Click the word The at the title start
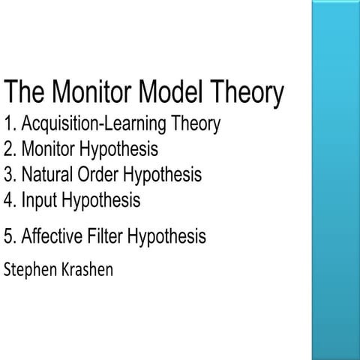pyautogui.click(x=28, y=93)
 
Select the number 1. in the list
pyautogui.click(x=10, y=124)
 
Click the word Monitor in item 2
pyautogui.click(x=47, y=149)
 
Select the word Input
pyautogui.click(x=37, y=201)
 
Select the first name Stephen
pyautogui.click(x=29, y=268)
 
